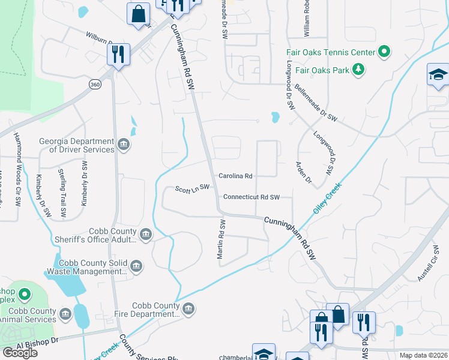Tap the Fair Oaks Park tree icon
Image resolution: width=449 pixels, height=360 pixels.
click(358, 70)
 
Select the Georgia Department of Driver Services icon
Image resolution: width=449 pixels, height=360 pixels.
click(124, 144)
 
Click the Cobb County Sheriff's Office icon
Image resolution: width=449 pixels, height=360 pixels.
click(145, 234)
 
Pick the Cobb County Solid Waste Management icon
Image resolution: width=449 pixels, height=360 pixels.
click(136, 266)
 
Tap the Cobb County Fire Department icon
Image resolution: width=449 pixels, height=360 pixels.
click(188, 308)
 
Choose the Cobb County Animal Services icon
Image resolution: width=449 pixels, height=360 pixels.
click(65, 313)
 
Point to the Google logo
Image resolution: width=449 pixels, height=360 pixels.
click(20, 352)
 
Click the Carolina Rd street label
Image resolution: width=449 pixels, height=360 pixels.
click(235, 176)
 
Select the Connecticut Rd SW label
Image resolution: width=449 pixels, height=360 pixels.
click(252, 197)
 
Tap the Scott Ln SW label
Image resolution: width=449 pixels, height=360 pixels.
click(192, 189)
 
